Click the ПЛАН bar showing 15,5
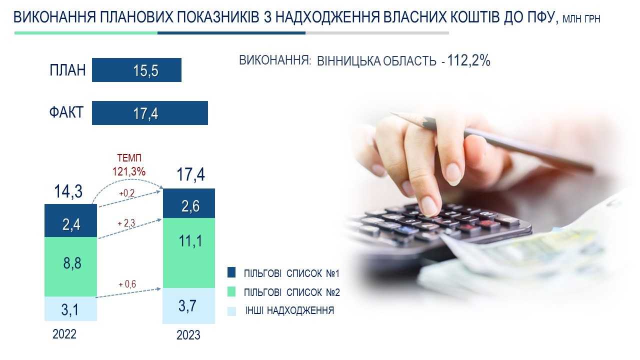pos(136,70)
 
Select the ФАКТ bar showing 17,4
pos(149,113)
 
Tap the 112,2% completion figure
pos(468,60)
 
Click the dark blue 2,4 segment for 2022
pos(71,220)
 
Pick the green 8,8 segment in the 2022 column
pos(71,266)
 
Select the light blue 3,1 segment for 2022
pos(71,309)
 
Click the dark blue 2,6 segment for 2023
pos(189,203)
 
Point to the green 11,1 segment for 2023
pos(189,253)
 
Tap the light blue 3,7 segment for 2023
pos(189,305)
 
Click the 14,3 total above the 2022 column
pos(68,191)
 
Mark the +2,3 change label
pos(126,223)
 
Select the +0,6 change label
pos(127,284)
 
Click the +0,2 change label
pos(127,193)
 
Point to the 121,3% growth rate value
pos(129,171)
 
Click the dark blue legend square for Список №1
pos(231,272)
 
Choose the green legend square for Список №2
pos(231,291)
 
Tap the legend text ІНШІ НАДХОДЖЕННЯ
pos(289,310)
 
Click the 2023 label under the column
pos(188,335)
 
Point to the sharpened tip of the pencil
pos(391,113)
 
